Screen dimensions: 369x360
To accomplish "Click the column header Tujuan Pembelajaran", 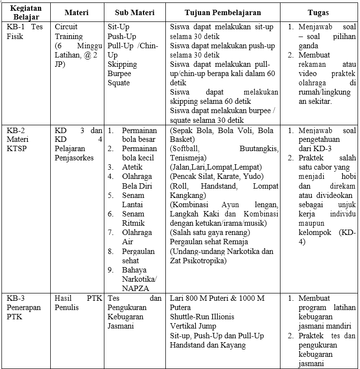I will [223, 12].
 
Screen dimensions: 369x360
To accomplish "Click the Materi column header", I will [77, 12].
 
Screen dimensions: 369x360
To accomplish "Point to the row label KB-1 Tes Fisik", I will [24, 32].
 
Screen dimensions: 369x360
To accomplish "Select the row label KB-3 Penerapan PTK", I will [24, 307].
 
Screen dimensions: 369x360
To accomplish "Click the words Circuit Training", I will [69, 32].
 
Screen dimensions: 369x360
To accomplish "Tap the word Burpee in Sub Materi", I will [120, 74].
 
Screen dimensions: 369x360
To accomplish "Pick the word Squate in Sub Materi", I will [119, 83].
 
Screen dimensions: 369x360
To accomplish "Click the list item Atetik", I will [133, 167].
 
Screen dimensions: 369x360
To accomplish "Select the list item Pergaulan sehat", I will [138, 256].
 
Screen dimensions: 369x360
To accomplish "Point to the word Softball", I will [184, 149].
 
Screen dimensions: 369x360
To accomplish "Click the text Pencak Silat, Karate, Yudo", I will [217, 176].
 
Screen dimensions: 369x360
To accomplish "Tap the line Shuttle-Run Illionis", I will [202, 317].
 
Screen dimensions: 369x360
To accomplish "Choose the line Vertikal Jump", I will [193, 326].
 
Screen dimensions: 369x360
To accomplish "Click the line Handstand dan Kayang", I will [208, 345].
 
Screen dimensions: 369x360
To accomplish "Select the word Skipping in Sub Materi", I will [122, 64].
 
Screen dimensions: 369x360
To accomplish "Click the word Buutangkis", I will [259, 149].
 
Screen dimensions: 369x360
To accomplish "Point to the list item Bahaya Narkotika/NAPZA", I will [139, 279].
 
